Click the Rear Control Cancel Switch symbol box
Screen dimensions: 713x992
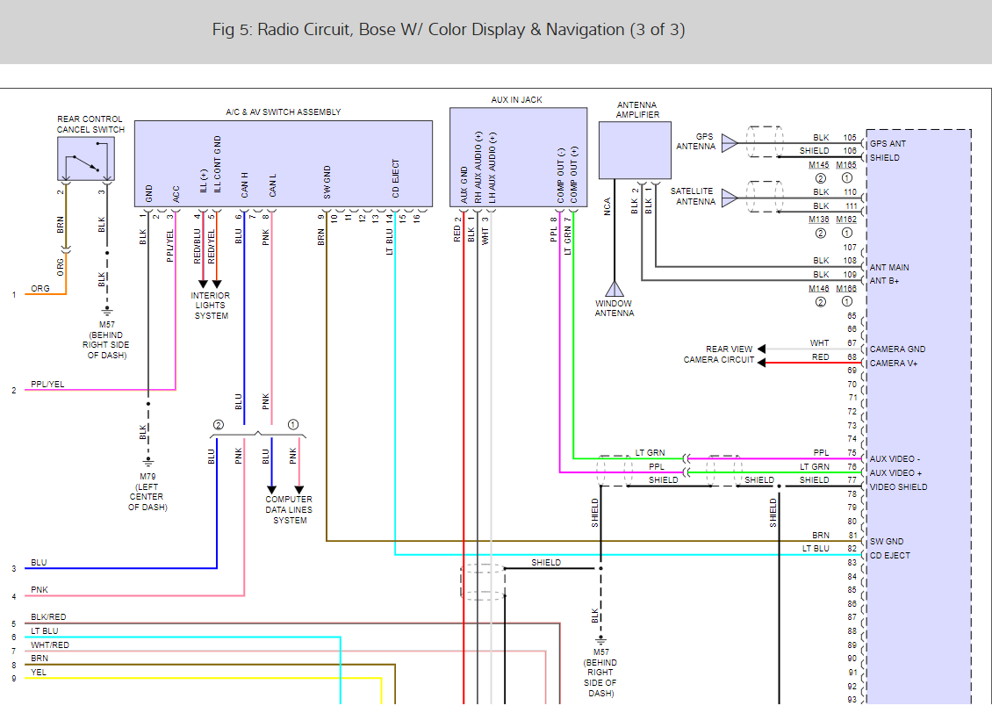[x=85, y=159]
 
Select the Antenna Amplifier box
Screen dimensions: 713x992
[x=634, y=150]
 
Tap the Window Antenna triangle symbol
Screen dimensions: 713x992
[x=614, y=289]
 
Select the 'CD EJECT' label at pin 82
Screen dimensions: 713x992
[x=889, y=555]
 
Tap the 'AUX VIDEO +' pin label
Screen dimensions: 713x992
[x=895, y=473]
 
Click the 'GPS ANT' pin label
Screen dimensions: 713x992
[x=888, y=144]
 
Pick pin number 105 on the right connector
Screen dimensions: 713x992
[x=849, y=138]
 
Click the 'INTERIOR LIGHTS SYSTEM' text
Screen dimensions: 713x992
[x=211, y=306]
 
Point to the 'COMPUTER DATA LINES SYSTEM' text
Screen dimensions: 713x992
[x=289, y=510]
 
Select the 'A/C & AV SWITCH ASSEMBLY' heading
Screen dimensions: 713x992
[x=283, y=112]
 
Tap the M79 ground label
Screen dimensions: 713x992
[x=147, y=477]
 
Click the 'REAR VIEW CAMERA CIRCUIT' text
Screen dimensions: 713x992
[x=719, y=355]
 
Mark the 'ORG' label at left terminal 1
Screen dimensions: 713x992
[x=40, y=288]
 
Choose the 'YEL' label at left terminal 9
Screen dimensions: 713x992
[x=39, y=672]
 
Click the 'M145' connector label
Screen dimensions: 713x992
[x=818, y=164]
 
